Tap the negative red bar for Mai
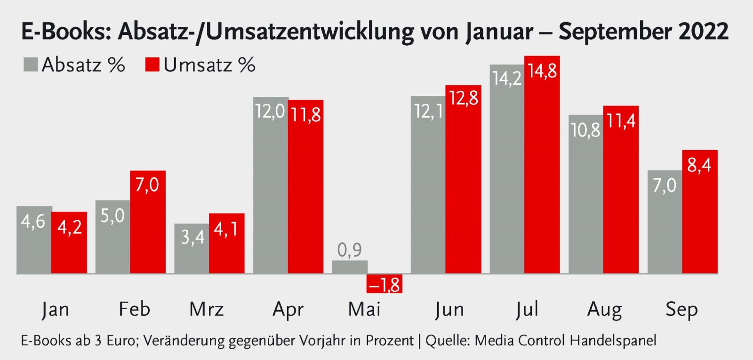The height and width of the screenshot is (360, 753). (x=385, y=284)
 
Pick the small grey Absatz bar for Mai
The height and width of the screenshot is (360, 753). (x=350, y=267)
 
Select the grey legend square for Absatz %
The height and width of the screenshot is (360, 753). (x=31, y=64)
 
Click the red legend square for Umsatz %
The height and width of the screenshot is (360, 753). (x=152, y=64)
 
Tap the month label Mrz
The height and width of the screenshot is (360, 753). (x=207, y=309)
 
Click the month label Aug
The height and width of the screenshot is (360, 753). (x=605, y=309)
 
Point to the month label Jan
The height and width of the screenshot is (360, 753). (x=55, y=309)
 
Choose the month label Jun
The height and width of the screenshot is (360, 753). (x=449, y=309)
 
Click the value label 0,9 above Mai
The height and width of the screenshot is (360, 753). (x=350, y=250)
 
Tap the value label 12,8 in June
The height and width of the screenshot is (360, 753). (x=464, y=98)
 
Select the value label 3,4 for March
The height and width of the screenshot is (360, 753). (x=192, y=237)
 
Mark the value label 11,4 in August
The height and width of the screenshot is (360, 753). (x=621, y=121)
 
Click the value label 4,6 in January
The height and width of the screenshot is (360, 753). (x=33, y=221)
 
